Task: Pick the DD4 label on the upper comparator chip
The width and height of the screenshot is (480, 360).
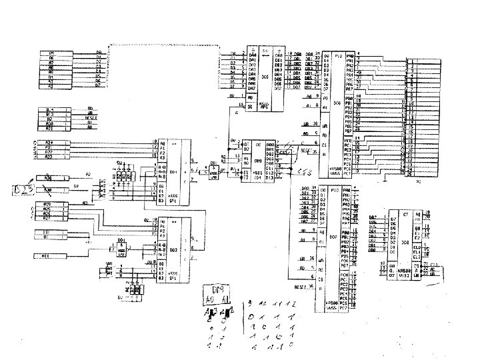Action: tap(174, 171)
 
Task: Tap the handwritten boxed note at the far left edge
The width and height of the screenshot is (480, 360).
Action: tap(21, 192)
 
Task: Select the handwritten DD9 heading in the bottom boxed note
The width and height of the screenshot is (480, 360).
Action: tap(217, 290)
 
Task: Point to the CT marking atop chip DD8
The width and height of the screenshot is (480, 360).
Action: tap(405, 216)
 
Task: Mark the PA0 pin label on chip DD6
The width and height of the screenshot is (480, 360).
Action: tap(349, 55)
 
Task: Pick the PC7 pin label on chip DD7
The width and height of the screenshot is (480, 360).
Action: tap(344, 309)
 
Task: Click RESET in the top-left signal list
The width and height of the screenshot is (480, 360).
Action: tap(91, 117)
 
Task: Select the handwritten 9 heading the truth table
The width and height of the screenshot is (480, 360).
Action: tap(249, 303)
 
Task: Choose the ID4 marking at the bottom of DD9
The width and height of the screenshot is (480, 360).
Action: tap(247, 179)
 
